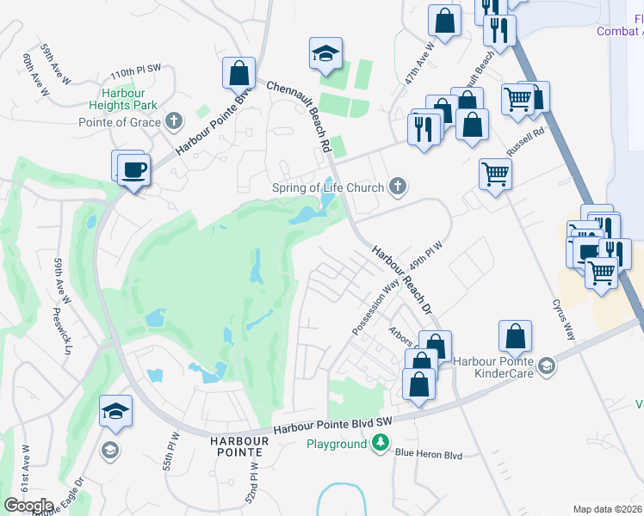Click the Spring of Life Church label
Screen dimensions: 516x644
point(327,187)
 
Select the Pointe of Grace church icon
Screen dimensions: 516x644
point(174,121)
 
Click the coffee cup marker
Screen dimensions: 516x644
point(133,169)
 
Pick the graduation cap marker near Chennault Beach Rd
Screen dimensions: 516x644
point(325,55)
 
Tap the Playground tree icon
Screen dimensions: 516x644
point(380,444)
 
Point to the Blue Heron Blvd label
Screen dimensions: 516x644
point(429,455)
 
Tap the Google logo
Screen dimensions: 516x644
point(28,506)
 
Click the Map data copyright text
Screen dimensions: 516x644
point(608,509)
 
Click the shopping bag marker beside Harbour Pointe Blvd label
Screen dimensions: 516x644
point(238,75)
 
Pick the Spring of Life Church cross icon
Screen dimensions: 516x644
point(397,186)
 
